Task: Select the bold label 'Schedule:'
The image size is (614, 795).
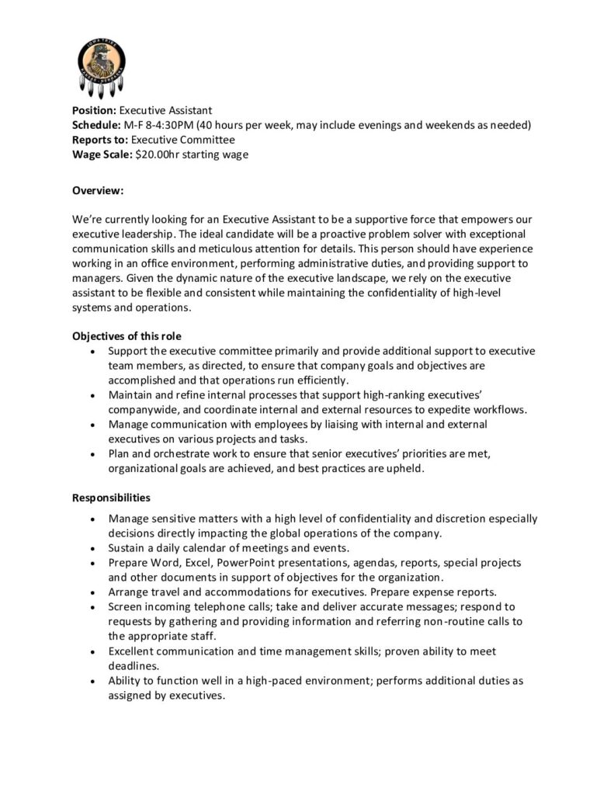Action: pyautogui.click(x=96, y=126)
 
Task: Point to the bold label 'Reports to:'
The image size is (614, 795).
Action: pyautogui.click(x=100, y=140)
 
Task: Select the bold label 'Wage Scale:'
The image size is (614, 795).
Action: pyautogui.click(x=102, y=154)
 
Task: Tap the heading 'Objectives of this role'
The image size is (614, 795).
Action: pyautogui.click(x=127, y=336)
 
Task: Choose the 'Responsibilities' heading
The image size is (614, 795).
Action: pyautogui.click(x=111, y=497)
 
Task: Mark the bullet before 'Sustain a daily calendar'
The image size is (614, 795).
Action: pyautogui.click(x=93, y=548)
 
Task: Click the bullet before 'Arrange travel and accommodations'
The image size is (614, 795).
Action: pyautogui.click(x=93, y=592)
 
